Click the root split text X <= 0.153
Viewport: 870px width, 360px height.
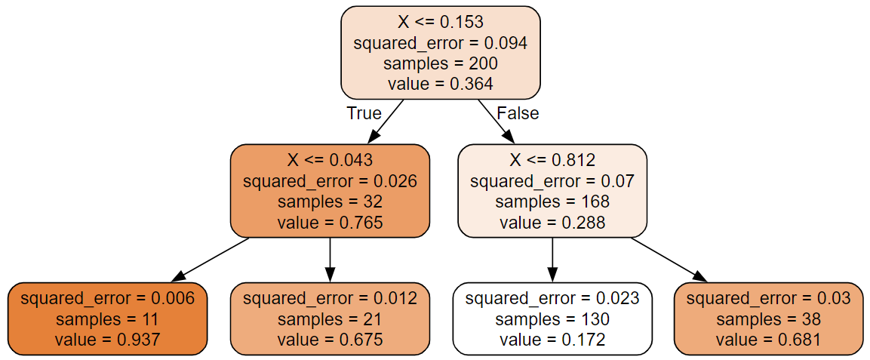click(x=440, y=23)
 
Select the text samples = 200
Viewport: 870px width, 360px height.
click(x=440, y=63)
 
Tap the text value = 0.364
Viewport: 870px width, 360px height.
click(x=440, y=84)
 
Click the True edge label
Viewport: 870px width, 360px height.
click(x=364, y=113)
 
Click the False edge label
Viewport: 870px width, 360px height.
click(x=518, y=113)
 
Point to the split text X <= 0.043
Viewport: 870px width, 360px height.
click(x=330, y=160)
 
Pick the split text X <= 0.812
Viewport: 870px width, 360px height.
click(x=552, y=160)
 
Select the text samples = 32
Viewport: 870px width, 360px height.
click(x=330, y=202)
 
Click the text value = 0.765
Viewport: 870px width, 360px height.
click(x=330, y=222)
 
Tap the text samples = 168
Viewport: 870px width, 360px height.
click(x=552, y=202)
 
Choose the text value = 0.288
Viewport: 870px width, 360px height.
click(x=552, y=222)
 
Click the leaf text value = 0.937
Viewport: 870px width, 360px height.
click(x=107, y=339)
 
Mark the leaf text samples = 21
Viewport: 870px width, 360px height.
click(x=330, y=318)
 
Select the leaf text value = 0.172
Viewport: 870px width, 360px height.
click(x=552, y=339)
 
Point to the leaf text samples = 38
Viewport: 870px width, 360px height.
click(x=769, y=318)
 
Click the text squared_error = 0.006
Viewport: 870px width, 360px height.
click(x=107, y=298)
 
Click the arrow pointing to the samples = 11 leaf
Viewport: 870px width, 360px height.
click(x=211, y=260)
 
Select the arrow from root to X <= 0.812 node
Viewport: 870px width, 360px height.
click(x=496, y=122)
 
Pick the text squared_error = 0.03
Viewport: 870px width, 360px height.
click(x=769, y=298)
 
